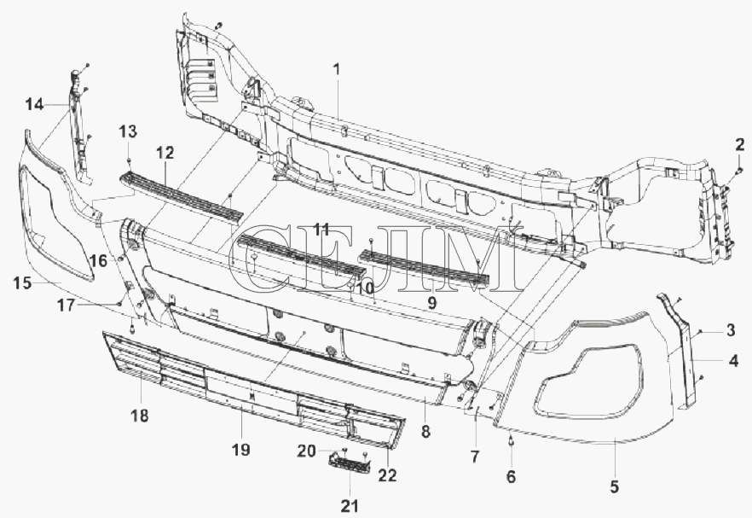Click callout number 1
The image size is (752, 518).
(x=337, y=69)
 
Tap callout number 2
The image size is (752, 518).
(x=739, y=144)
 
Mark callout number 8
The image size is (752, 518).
(x=425, y=432)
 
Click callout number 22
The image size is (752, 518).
(x=387, y=474)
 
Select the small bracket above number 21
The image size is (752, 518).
(x=349, y=463)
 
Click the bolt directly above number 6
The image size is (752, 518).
(x=512, y=440)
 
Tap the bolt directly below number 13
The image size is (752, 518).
(x=129, y=160)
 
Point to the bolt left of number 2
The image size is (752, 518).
(x=738, y=171)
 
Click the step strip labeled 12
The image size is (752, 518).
(x=182, y=198)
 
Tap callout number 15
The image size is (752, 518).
(x=22, y=283)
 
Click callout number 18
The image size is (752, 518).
(x=140, y=416)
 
